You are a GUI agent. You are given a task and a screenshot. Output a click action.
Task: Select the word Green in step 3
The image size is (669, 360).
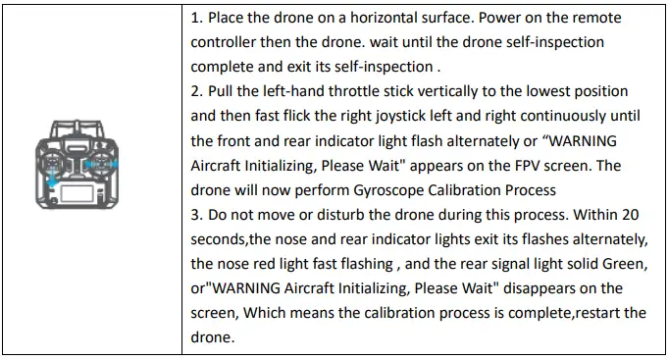tap(623, 263)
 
